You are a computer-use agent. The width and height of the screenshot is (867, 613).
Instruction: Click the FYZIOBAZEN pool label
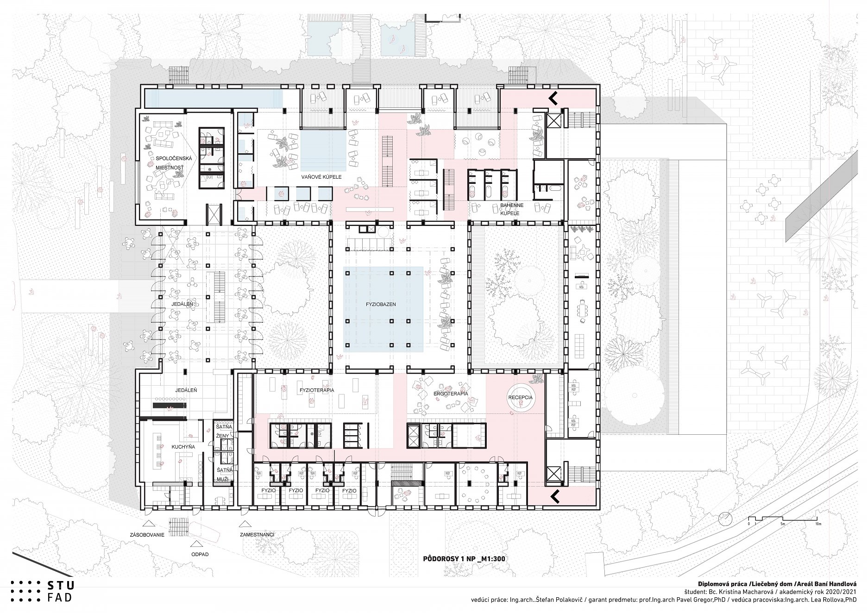pos(380,305)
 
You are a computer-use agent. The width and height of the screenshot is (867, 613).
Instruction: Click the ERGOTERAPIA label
pos(451,394)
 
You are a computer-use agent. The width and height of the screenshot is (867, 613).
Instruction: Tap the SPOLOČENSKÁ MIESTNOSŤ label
pos(170,163)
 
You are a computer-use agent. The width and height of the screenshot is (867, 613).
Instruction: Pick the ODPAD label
pos(200,554)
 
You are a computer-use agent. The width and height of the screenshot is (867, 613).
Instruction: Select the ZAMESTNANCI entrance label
pos(257,535)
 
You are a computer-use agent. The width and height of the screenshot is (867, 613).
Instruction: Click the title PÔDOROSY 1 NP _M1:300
pos(464,559)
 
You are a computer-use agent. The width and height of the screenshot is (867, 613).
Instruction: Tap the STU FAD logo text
pos(61,591)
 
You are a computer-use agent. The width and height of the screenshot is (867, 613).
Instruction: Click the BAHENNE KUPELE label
pos(512,209)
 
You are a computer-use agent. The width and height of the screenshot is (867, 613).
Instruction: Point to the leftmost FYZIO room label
pos(269,490)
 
